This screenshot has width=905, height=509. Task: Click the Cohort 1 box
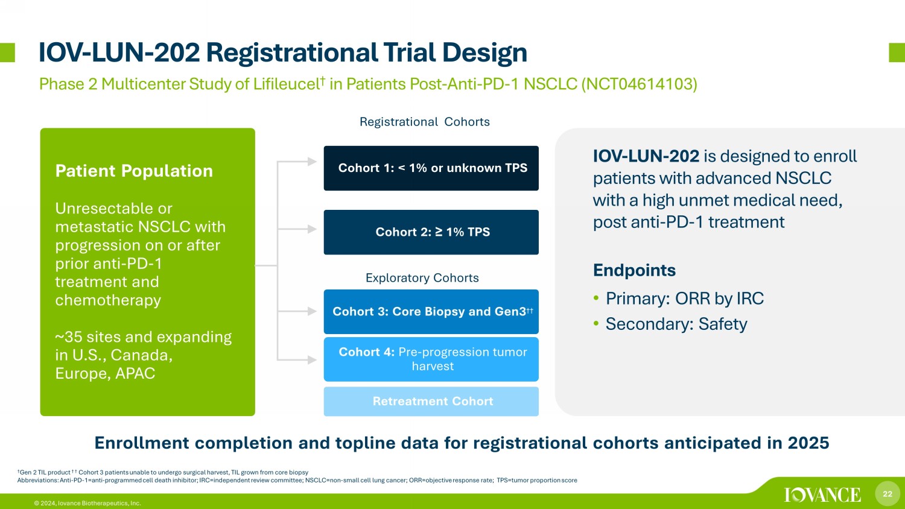click(x=431, y=168)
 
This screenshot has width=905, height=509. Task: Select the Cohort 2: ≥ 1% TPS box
click(x=431, y=232)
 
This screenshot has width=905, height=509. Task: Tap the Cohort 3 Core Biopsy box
click(x=431, y=311)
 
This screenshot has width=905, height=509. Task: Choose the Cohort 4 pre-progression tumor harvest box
click(x=431, y=359)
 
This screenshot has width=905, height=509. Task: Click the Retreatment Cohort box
click(x=431, y=402)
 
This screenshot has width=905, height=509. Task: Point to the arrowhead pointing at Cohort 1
click(x=312, y=162)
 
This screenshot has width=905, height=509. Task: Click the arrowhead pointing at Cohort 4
click(x=312, y=359)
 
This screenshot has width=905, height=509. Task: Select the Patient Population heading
click(x=134, y=171)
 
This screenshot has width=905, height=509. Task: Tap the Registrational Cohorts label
click(x=425, y=122)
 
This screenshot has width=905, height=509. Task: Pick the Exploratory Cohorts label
click(x=422, y=278)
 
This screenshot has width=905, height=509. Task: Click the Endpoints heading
click(x=634, y=270)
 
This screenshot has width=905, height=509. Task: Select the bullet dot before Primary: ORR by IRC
click(x=596, y=299)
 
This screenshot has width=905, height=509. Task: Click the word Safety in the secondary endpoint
click(x=723, y=324)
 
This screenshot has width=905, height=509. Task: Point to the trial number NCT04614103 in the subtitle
click(x=639, y=84)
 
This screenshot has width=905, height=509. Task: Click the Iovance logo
click(x=822, y=495)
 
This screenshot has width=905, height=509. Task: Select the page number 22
click(x=888, y=494)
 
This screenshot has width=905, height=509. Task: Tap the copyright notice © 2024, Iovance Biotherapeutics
click(x=87, y=504)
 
